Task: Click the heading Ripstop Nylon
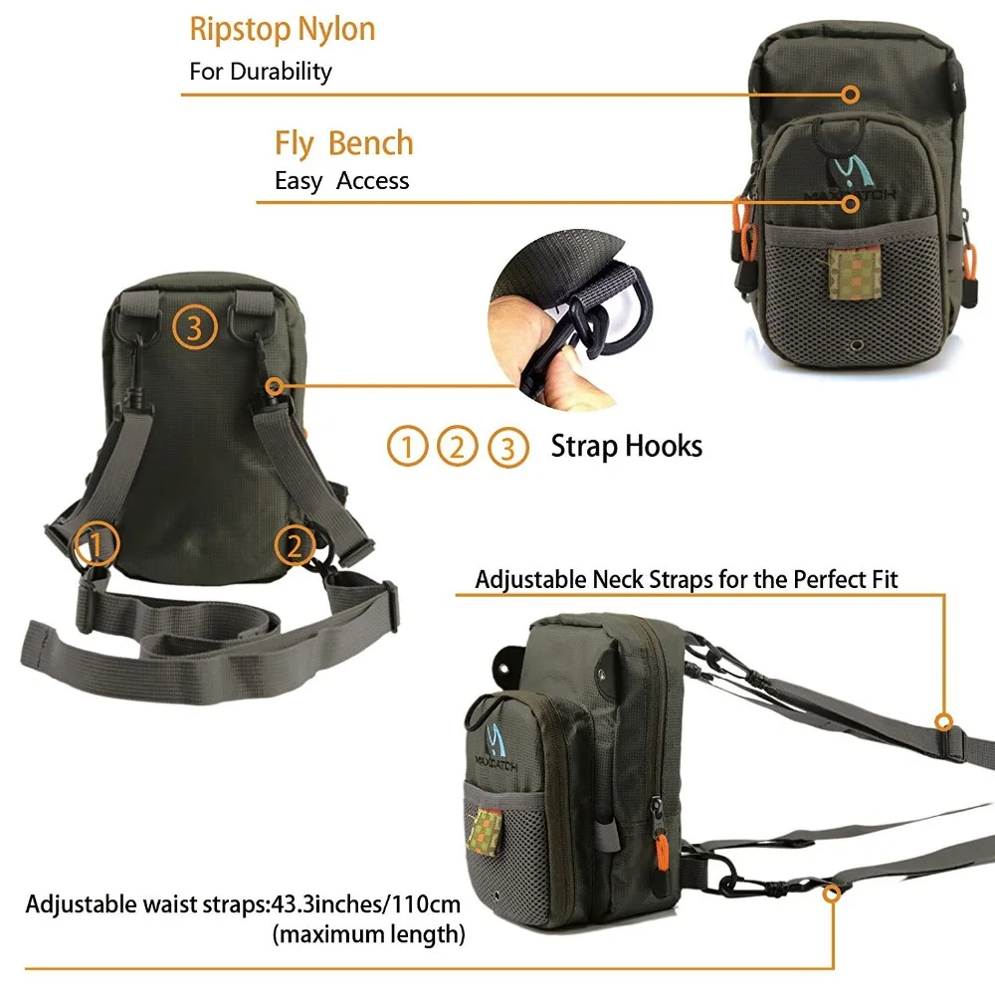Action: tap(282, 30)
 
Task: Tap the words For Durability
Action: tap(261, 72)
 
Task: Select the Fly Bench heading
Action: tap(343, 143)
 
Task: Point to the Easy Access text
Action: tap(341, 181)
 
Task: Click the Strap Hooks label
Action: tap(626, 446)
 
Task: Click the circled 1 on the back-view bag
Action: tap(98, 543)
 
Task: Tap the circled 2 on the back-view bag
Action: tap(295, 543)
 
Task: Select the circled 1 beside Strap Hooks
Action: tap(406, 448)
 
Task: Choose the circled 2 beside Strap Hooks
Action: tap(457, 448)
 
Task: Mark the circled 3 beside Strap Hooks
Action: tap(508, 448)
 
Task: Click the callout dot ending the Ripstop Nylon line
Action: tap(850, 95)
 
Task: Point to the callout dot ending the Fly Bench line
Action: tap(850, 203)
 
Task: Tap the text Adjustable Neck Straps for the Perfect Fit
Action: tap(687, 579)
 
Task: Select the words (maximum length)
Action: tap(368, 934)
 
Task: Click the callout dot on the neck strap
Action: tap(942, 721)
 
